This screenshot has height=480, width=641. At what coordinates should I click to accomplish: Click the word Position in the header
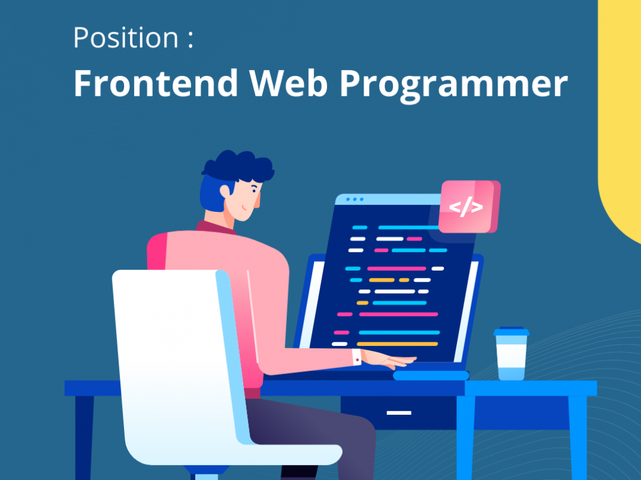click(x=126, y=38)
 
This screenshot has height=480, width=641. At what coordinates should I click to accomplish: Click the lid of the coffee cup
click(x=511, y=331)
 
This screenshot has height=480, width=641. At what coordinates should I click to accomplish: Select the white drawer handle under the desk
click(x=398, y=413)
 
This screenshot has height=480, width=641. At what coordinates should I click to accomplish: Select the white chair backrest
click(x=174, y=347)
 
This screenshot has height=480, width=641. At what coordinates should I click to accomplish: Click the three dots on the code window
click(x=354, y=199)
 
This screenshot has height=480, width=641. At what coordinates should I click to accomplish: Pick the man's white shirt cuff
click(x=357, y=357)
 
